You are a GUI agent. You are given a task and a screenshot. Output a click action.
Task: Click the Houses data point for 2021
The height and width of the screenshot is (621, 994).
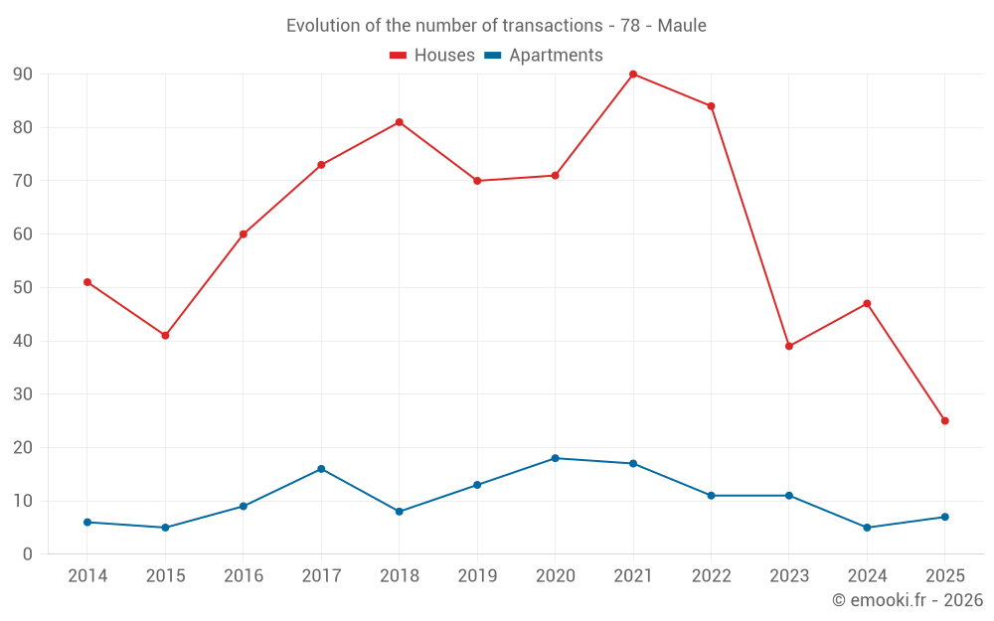pyautogui.click(x=633, y=75)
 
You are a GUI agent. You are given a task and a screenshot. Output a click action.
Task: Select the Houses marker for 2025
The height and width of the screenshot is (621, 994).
pyautogui.click(x=945, y=421)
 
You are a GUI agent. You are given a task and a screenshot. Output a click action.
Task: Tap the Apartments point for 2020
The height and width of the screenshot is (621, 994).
pyautogui.click(x=555, y=458)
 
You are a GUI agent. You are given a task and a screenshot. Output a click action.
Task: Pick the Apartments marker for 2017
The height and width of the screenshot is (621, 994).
pyautogui.click(x=321, y=469)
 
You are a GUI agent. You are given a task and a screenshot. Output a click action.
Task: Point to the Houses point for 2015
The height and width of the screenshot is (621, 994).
pyautogui.click(x=165, y=336)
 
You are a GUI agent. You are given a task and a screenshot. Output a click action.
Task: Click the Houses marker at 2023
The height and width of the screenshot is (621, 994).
pyautogui.click(x=789, y=347)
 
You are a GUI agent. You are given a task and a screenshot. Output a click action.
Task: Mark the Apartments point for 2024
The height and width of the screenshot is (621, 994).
pyautogui.click(x=867, y=528)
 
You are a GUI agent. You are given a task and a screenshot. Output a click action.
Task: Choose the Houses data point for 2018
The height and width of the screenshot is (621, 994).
pyautogui.click(x=399, y=122)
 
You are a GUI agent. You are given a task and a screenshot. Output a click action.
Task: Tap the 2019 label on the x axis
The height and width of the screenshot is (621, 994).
pyautogui.click(x=477, y=576)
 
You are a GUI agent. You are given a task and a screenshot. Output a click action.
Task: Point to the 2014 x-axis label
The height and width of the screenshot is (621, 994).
pyautogui.click(x=87, y=576)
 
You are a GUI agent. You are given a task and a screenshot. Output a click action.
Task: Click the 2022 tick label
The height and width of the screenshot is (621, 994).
pyautogui.click(x=711, y=576)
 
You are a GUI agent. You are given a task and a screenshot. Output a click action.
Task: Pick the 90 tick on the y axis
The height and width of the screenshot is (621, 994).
pyautogui.click(x=23, y=75)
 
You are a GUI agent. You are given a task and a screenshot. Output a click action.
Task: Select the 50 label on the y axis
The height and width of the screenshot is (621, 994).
pyautogui.click(x=23, y=288)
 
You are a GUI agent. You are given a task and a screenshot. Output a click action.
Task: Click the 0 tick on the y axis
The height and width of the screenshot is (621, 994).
pyautogui.click(x=28, y=554)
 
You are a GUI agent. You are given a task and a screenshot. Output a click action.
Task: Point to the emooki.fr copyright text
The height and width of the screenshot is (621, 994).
pyautogui.click(x=908, y=600)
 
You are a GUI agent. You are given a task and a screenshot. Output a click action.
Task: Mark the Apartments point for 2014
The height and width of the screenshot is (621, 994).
pyautogui.click(x=87, y=523)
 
